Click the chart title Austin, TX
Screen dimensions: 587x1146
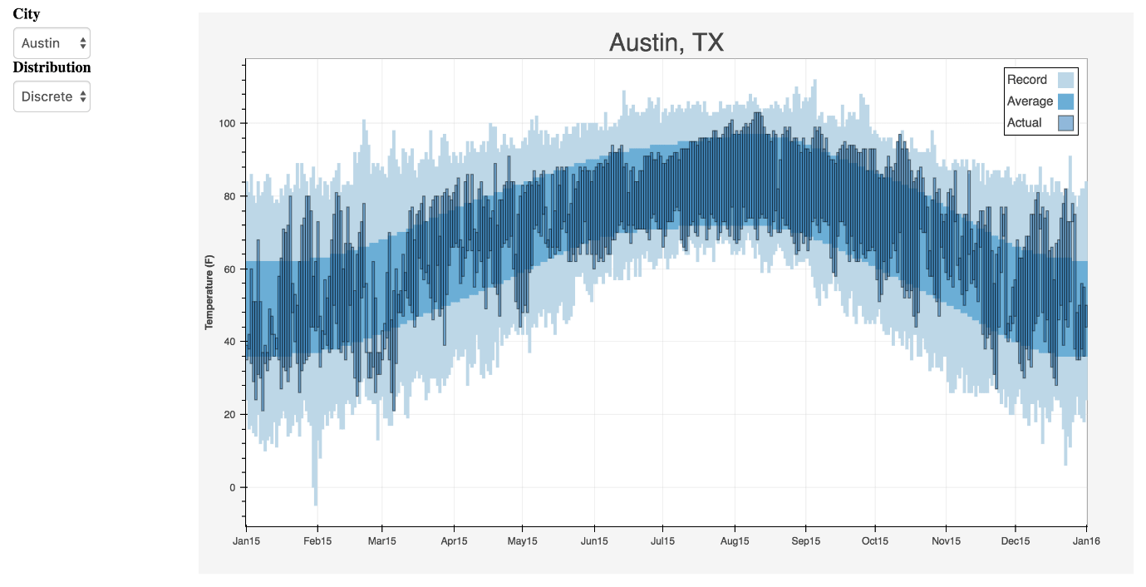[666, 42]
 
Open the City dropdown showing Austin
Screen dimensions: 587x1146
[52, 42]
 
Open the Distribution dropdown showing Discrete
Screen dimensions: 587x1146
[52, 96]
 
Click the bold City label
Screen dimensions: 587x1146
[27, 14]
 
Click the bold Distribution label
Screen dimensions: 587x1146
[52, 67]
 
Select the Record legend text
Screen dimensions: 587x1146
[1027, 80]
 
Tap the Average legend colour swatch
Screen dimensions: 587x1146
[1065, 101]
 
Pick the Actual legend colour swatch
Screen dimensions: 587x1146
[1065, 123]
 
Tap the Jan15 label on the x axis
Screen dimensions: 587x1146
[246, 540]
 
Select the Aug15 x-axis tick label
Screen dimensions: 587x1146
[735, 540]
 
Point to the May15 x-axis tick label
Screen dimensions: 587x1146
[522, 540]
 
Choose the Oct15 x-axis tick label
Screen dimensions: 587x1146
[875, 540]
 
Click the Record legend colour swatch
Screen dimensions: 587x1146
[1065, 80]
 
